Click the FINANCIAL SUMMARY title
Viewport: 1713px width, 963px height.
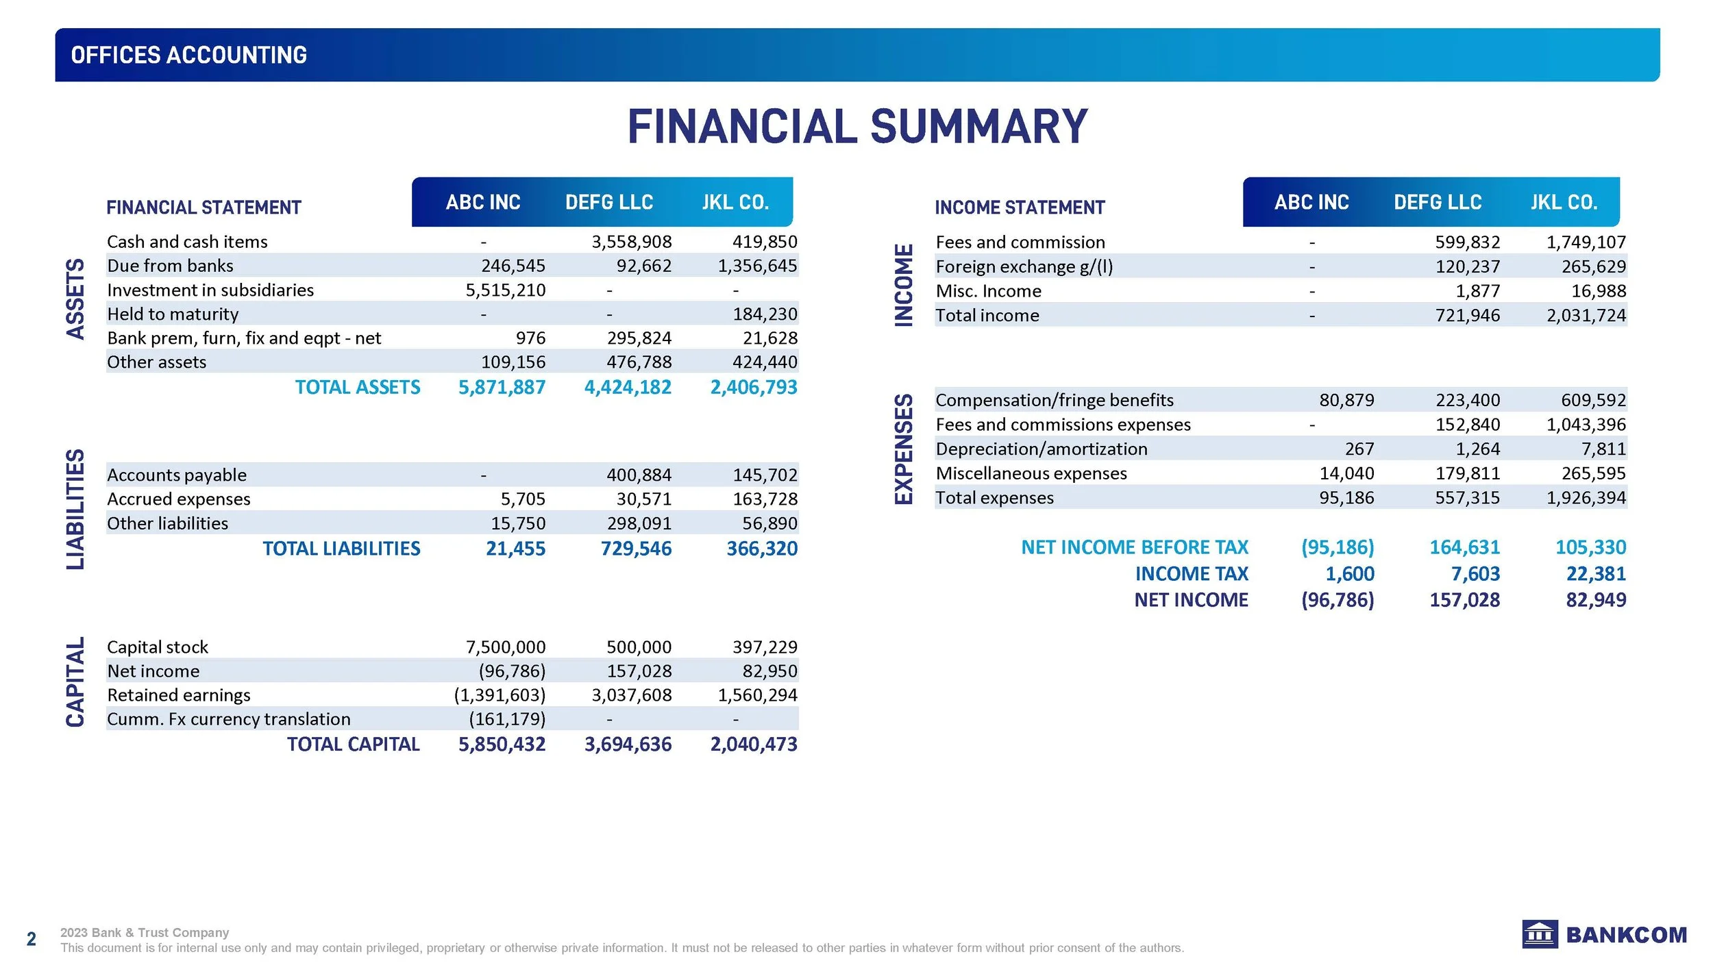point(857,127)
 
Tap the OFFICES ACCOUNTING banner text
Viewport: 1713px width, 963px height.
point(188,55)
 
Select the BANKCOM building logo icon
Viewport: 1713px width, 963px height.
point(1540,934)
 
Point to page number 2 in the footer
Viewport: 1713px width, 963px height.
point(31,938)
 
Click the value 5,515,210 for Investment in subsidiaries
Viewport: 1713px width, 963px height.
point(505,290)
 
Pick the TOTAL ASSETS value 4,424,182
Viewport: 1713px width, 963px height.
point(627,388)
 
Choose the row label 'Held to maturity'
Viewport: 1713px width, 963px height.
point(173,314)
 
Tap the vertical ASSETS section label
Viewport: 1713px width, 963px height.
point(75,299)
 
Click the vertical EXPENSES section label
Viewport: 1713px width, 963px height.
point(904,449)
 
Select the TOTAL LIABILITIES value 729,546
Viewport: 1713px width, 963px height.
point(636,549)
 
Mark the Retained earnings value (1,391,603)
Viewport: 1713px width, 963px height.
point(500,695)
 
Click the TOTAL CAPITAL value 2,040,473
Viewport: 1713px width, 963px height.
point(753,745)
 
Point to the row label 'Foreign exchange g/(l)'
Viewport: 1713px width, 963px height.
point(1024,266)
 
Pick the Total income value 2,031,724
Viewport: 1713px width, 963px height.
point(1586,316)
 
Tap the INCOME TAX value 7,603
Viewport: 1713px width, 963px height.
point(1475,574)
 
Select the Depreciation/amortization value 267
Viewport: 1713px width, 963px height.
point(1359,449)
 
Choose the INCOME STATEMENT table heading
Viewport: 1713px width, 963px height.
point(1020,208)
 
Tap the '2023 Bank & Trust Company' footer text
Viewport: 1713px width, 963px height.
point(145,932)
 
